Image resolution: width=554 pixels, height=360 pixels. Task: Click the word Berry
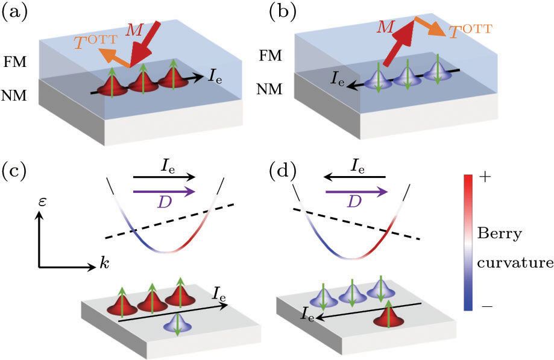496,232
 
